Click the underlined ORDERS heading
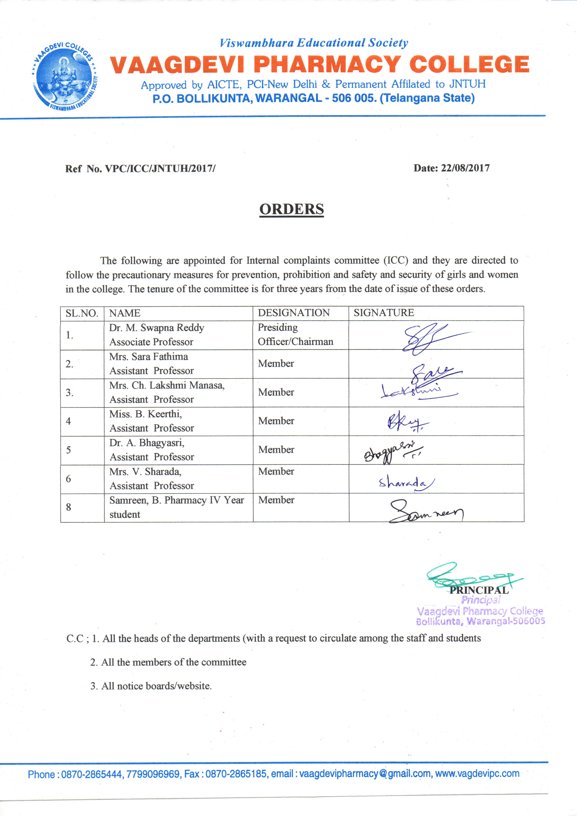[x=291, y=209]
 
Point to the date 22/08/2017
[x=465, y=168]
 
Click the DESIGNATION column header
[x=294, y=313]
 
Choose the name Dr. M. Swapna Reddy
[x=157, y=328]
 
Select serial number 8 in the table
[x=69, y=507]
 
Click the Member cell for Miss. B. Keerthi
[x=276, y=421]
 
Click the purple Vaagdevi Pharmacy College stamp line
[x=480, y=611]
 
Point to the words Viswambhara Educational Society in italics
[x=314, y=43]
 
